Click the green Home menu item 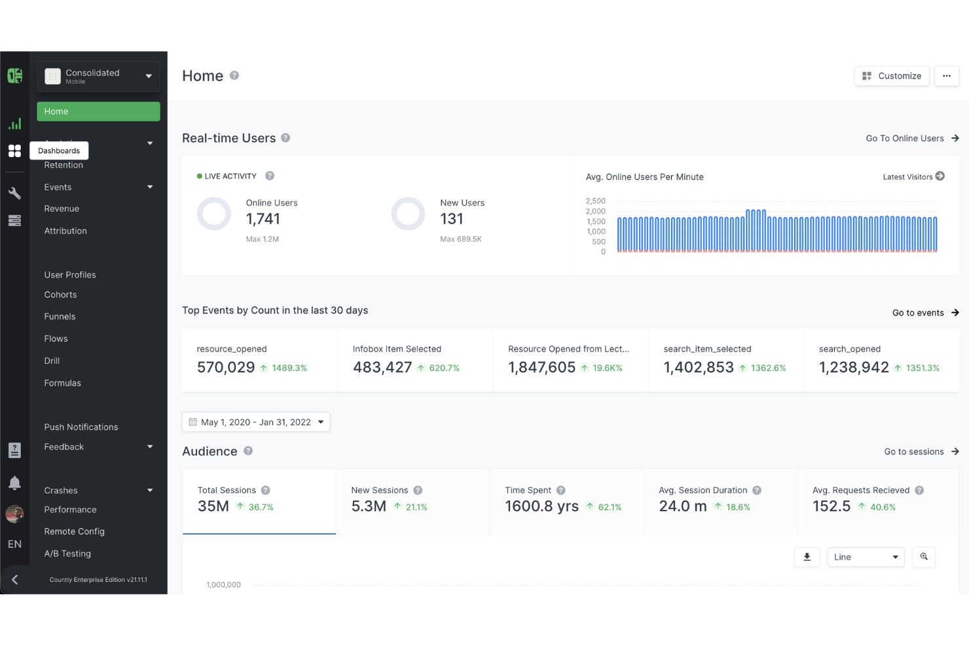(x=98, y=111)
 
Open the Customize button (x=891, y=76)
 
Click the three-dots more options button (x=946, y=76)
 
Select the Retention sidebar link (x=64, y=165)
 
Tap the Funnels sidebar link (x=60, y=316)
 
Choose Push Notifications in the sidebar (x=81, y=427)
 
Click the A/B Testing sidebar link (x=67, y=553)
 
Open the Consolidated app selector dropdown (x=98, y=77)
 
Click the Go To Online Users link (x=912, y=138)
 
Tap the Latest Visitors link (x=913, y=177)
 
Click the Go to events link (x=925, y=313)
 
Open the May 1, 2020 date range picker (x=256, y=422)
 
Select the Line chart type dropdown (x=866, y=557)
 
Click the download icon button (x=807, y=557)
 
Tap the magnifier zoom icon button (x=924, y=557)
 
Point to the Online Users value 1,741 (x=263, y=219)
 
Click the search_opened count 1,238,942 (x=854, y=368)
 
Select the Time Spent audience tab (x=566, y=501)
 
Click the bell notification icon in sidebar (x=14, y=483)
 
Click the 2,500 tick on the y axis (x=595, y=201)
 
